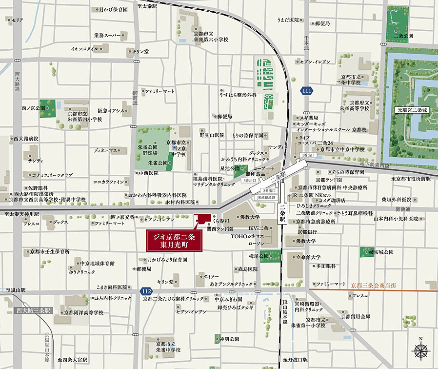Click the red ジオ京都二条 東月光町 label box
click(174, 241)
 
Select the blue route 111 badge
click(306, 91)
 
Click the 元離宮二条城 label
click(411, 111)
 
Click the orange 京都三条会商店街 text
click(374, 284)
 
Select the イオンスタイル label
click(85, 49)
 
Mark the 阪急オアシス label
click(111, 111)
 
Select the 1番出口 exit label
click(308, 155)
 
